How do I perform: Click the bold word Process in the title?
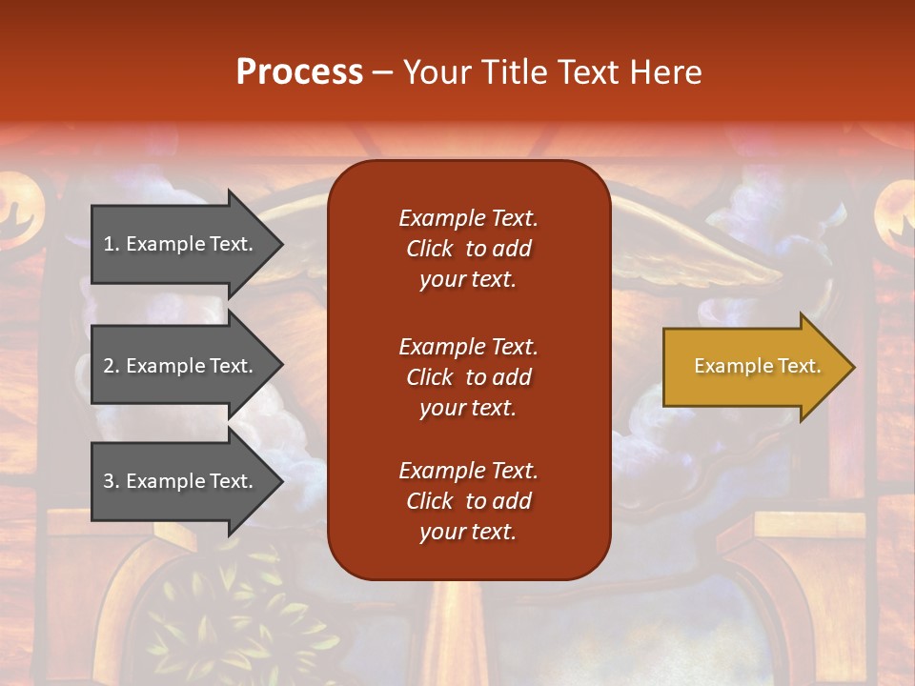[x=299, y=72]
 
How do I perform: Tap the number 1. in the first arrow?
[x=112, y=244]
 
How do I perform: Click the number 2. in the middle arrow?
[x=112, y=366]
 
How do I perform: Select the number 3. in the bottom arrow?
[x=112, y=481]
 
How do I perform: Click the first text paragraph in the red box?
[x=468, y=249]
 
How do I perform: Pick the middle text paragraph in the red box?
[x=468, y=377]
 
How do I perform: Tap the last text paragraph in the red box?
[x=468, y=501]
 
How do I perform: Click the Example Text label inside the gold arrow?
[x=757, y=366]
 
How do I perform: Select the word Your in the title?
[x=436, y=72]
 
